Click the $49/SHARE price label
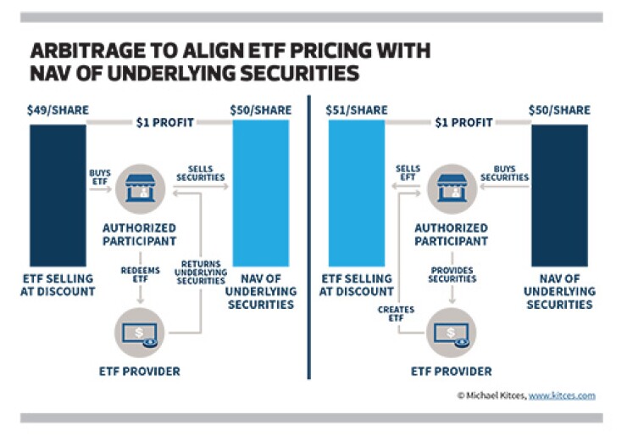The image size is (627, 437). (x=56, y=110)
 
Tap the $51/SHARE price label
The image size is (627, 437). (x=356, y=110)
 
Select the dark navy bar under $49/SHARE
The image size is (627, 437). (x=58, y=195)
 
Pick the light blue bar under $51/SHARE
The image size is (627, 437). (x=356, y=195)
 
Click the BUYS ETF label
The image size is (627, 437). (x=100, y=176)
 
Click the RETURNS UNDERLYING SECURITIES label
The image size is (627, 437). (x=203, y=274)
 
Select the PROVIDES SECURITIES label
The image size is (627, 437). (x=446, y=274)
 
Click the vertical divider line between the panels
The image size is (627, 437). (x=308, y=238)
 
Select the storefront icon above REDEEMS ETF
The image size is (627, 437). (x=139, y=186)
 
